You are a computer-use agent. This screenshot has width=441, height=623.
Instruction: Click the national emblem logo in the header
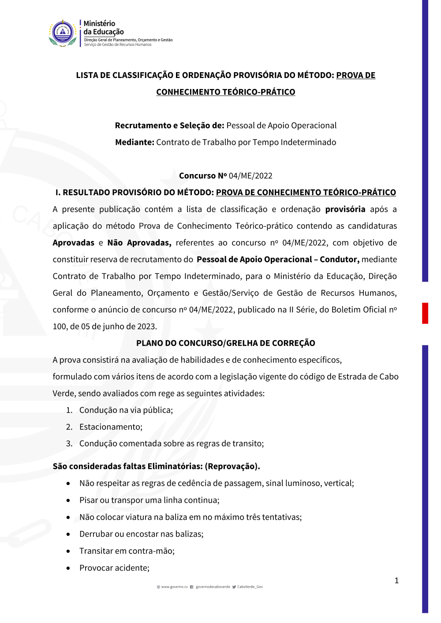(63, 33)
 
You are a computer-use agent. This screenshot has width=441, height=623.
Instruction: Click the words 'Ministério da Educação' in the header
(104, 27)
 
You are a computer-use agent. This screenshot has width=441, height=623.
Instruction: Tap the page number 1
(396, 580)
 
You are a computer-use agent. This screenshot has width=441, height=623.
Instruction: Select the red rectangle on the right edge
(425, 313)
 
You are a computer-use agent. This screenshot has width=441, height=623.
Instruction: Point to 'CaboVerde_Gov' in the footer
(250, 587)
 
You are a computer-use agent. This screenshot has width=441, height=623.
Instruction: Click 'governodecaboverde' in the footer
(213, 587)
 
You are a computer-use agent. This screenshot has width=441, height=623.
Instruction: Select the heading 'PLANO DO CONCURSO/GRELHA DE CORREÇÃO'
(225, 343)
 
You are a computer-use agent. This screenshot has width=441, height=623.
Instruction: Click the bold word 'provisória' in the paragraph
(345, 209)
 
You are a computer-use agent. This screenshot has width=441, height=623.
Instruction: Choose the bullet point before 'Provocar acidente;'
(68, 568)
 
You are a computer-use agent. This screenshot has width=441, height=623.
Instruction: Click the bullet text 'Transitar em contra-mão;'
(127, 551)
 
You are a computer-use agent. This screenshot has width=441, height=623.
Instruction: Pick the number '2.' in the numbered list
(69, 427)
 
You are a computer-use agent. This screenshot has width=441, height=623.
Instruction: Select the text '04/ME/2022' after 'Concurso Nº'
(250, 176)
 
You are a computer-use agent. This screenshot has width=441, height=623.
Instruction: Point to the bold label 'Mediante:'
(135, 142)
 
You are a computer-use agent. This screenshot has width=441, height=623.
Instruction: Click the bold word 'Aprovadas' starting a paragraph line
(73, 243)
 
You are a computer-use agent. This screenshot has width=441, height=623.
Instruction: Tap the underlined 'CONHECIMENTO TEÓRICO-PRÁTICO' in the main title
(225, 92)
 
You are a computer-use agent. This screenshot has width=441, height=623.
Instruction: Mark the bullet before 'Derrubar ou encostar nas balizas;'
(68, 534)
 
